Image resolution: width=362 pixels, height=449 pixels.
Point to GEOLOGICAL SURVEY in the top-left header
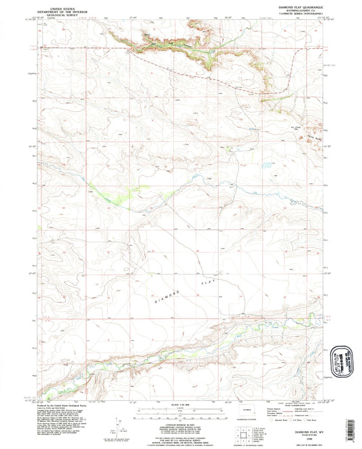point(60,14)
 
